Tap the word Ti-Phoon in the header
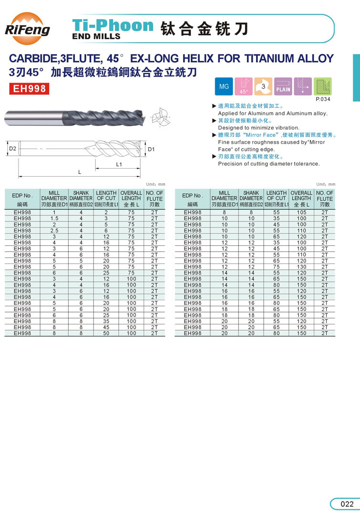click(x=113, y=25)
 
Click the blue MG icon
click(x=224, y=87)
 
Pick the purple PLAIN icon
click(x=283, y=87)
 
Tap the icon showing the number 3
click(x=263, y=87)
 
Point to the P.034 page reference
click(x=323, y=100)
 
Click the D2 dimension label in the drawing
click(x=13, y=150)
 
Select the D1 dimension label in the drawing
click(x=151, y=150)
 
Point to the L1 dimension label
click(x=119, y=164)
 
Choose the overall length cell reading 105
click(x=301, y=212)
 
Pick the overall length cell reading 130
click(x=301, y=267)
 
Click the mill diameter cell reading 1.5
click(x=54, y=218)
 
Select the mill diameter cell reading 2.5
click(x=54, y=231)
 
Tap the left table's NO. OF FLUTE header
click(x=154, y=198)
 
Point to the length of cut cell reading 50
click(x=106, y=333)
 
